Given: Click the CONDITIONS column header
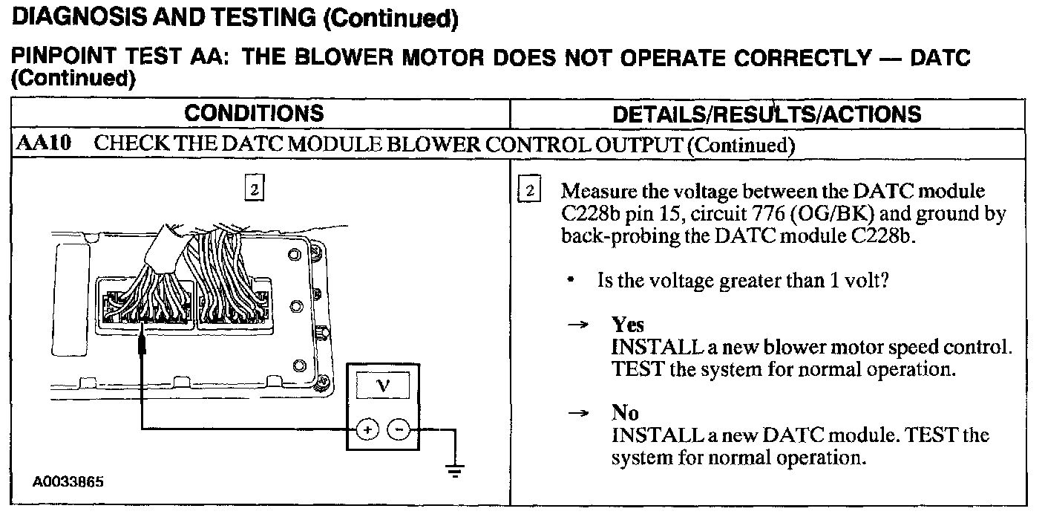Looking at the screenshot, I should click(254, 114).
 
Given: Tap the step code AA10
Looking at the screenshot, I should click(43, 144).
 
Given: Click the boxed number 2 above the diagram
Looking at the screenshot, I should click(253, 190).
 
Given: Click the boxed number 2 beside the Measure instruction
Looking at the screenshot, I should click(529, 191).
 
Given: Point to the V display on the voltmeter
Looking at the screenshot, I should click(383, 386).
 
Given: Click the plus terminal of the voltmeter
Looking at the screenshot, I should click(368, 429).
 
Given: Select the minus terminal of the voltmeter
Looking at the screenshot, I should click(398, 429).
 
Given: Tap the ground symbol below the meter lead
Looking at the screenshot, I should click(455, 469).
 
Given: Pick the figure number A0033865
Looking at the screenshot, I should click(68, 481).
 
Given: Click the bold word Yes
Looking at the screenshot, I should click(628, 325).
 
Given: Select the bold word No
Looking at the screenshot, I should click(625, 413).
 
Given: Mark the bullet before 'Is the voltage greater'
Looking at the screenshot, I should click(570, 282).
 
